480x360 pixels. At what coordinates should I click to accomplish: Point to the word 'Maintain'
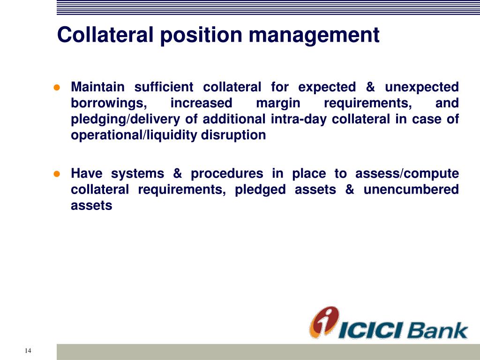(x=97, y=87)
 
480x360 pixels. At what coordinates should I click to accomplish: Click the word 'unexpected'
(x=422, y=87)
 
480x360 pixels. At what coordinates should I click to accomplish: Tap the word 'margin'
(x=278, y=103)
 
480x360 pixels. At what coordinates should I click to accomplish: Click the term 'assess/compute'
(x=407, y=173)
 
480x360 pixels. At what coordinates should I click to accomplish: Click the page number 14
(x=28, y=351)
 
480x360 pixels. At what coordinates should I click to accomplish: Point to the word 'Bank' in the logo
(x=437, y=330)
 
